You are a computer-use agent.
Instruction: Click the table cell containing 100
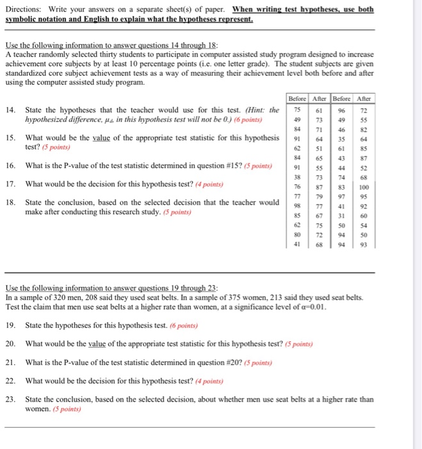click(364, 187)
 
